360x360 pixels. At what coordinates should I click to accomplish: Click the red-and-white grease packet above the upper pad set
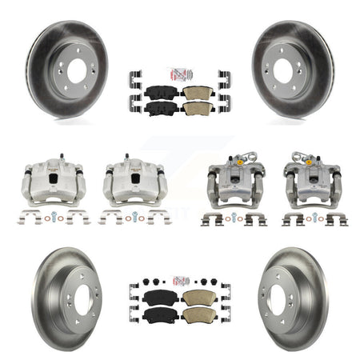179,74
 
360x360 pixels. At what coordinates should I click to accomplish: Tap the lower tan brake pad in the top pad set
197,106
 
